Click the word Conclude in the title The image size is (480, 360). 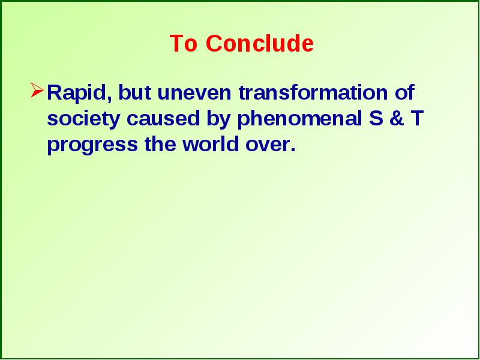pos(260,43)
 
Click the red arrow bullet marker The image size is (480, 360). pos(37,91)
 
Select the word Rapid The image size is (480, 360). pos(79,93)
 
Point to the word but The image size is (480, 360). pos(134,92)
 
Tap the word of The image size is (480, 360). pos(404,92)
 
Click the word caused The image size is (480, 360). pos(163,118)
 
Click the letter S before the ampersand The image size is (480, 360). pos(376,118)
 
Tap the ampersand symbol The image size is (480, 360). pos(397,118)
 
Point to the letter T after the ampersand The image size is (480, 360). pos(416,118)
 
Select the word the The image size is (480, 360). pos(160,144)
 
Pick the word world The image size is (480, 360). pos(211,144)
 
